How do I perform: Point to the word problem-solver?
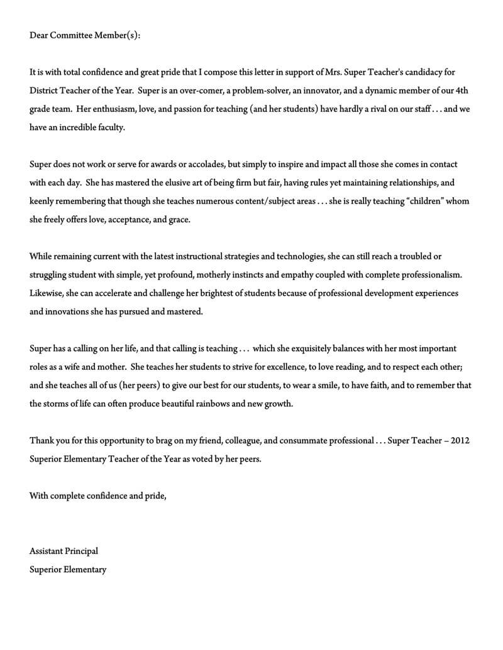(x=260, y=90)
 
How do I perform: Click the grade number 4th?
(x=462, y=90)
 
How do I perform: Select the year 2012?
(x=459, y=441)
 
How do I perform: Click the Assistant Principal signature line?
(x=64, y=551)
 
